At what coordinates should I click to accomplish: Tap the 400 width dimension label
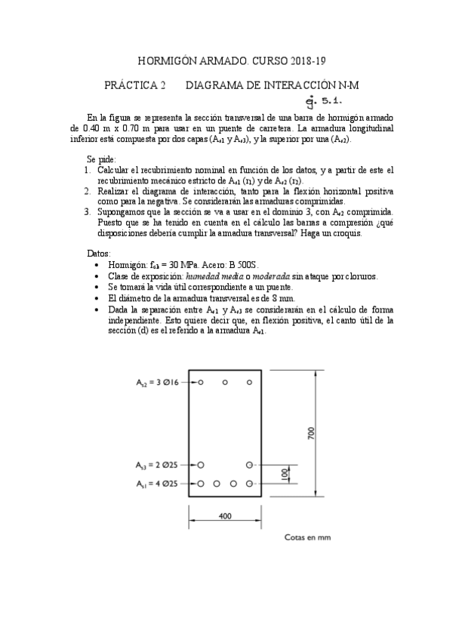coord(225,516)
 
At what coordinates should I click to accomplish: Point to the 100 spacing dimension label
coord(284,474)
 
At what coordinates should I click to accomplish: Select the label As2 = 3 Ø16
coord(156,383)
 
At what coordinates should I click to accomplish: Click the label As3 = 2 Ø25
coord(156,464)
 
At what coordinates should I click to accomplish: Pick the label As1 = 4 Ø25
coord(156,483)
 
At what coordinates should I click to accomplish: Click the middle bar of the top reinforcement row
coord(225,383)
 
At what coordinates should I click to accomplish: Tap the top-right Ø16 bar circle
coord(249,383)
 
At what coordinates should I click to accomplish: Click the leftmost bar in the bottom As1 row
coord(201,483)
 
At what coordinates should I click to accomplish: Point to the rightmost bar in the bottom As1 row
coord(249,483)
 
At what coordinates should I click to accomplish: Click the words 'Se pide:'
coord(102,161)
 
